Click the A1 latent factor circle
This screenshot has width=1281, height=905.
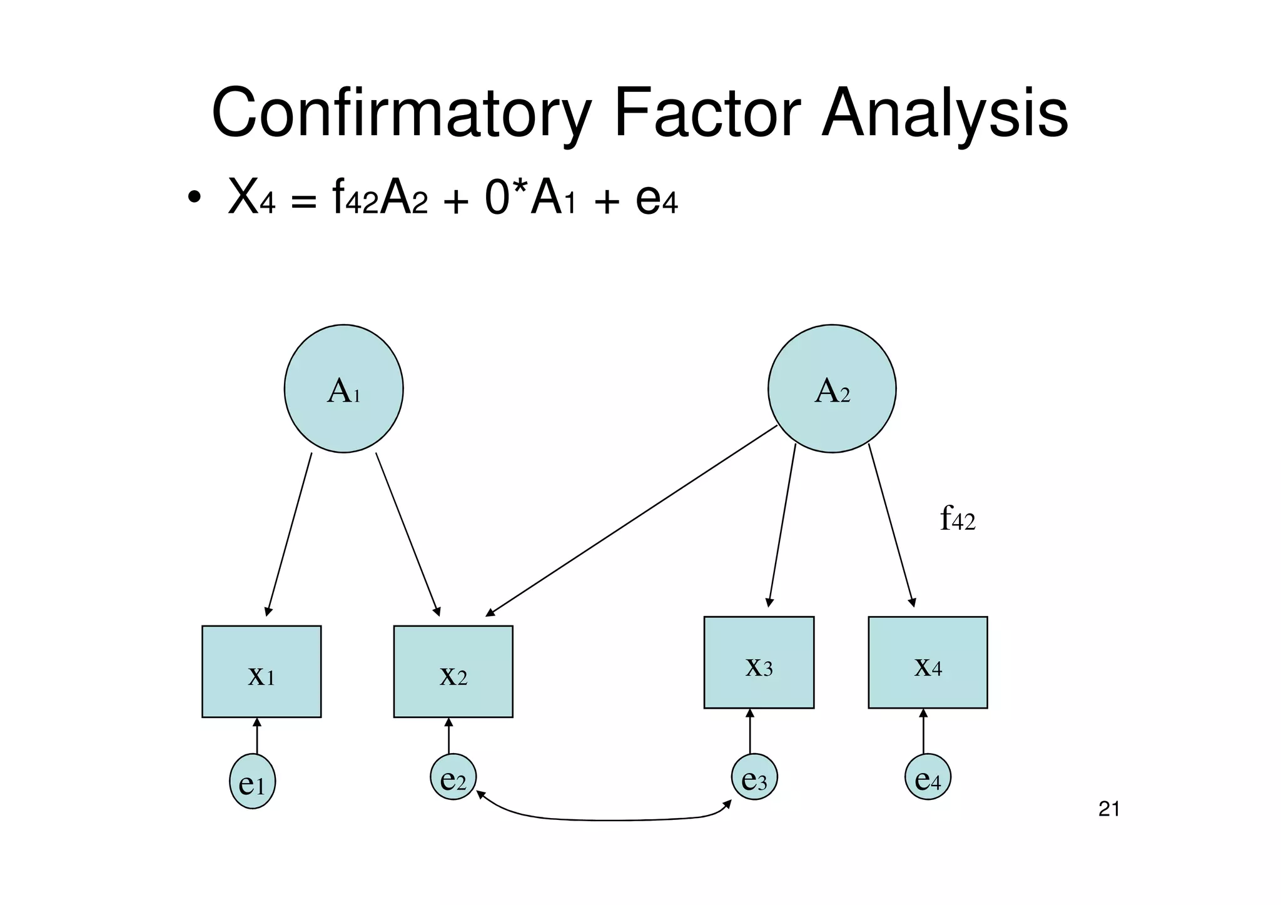[343, 388]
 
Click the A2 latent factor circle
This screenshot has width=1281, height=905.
[832, 388]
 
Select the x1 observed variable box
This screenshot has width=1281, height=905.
[261, 671]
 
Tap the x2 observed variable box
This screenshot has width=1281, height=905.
[453, 671]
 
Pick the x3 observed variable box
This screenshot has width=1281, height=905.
[759, 662]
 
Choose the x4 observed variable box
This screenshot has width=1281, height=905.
[928, 662]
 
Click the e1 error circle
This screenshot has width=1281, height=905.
[252, 781]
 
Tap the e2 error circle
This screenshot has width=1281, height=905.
[453, 777]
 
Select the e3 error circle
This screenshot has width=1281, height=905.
[754, 777]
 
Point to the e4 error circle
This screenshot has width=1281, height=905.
[928, 777]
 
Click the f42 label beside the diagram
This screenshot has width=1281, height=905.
[958, 519]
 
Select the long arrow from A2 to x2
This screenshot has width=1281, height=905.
[632, 520]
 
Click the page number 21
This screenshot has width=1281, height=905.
[1109, 809]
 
